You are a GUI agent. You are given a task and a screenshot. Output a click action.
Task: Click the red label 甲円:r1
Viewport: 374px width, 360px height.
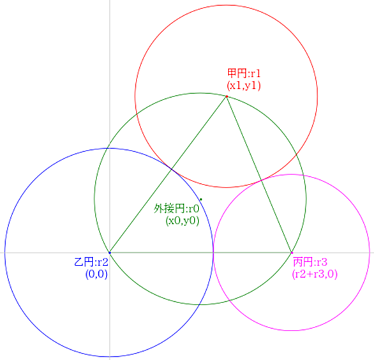pos(244,73)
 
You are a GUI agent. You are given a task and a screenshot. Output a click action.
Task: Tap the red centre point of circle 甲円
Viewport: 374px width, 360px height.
pos(227,96)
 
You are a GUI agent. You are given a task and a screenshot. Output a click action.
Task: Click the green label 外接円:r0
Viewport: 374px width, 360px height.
pos(176,209)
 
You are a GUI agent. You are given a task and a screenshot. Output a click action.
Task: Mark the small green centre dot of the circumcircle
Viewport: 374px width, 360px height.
pos(201,199)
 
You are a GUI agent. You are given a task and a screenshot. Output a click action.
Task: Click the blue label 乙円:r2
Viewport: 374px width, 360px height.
pos(91,262)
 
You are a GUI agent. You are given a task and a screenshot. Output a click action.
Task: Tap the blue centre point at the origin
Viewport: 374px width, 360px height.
pos(110,252)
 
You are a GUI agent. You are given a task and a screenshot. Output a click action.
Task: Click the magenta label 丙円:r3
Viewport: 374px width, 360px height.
pos(310,262)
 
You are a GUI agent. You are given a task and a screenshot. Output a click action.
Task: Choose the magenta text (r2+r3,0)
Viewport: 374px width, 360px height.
pos(315,274)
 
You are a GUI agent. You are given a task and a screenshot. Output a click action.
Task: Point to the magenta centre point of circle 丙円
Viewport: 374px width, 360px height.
pos(292,252)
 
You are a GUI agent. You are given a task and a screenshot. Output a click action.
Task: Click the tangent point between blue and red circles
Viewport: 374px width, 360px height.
pos(172,169)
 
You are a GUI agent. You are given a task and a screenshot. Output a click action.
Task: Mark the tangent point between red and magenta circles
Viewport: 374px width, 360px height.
pos(262,181)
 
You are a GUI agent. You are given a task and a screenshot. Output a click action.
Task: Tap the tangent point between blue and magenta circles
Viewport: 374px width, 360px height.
pos(213,252)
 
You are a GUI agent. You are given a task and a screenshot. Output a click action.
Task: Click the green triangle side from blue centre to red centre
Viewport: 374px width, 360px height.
pos(168,174)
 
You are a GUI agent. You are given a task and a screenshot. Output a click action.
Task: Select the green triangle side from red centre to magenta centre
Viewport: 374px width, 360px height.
pos(259,174)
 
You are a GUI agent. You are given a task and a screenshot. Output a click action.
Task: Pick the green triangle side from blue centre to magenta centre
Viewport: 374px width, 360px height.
pos(200,252)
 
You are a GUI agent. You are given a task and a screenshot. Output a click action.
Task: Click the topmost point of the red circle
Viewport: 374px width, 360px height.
pos(226,5)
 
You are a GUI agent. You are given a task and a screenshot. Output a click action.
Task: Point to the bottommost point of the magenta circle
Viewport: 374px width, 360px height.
pos(291,331)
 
